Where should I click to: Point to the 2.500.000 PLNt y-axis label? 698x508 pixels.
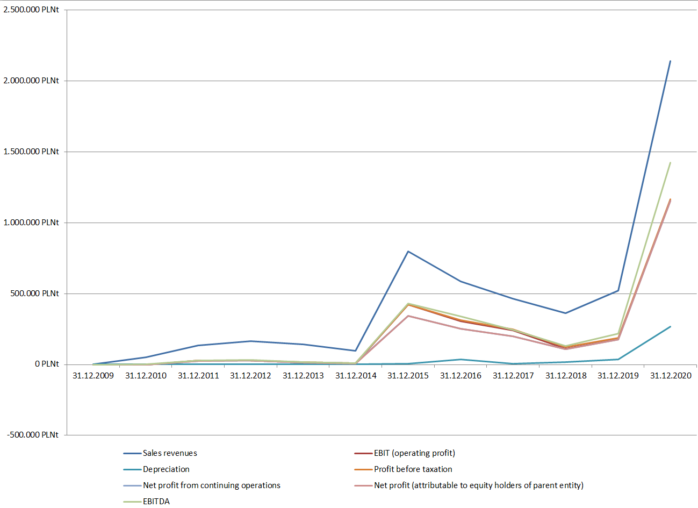pos(31,10)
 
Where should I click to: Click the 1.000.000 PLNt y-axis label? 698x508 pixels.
pos(31,223)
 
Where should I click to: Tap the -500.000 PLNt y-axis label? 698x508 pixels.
pos(33,434)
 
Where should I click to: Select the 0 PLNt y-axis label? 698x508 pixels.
pos(47,364)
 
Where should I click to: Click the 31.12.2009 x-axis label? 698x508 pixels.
pos(93,376)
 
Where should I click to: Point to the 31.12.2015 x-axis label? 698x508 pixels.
pos(408,376)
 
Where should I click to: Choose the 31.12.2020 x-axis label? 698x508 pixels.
pos(671,376)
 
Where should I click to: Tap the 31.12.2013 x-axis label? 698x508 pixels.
pos(304,376)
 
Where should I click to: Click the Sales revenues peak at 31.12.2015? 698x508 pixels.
pos(408,251)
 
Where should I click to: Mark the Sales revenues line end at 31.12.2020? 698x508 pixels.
pos(670,61)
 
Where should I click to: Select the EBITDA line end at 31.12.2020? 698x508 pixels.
pos(670,163)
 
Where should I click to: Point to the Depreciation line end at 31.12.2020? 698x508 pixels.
pos(670,326)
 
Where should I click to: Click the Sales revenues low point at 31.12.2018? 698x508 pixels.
pos(565,313)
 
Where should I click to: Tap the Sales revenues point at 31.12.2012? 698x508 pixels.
pos(251,341)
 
